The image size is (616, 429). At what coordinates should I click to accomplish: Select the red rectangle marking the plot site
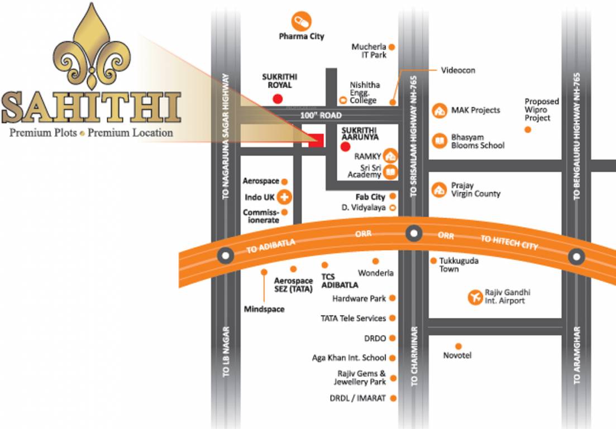316,141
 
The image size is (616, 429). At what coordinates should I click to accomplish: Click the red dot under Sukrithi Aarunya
345,147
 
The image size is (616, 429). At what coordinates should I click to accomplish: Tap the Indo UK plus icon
285,197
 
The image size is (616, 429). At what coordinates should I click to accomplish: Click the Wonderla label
376,273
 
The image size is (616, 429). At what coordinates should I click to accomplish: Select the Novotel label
457,355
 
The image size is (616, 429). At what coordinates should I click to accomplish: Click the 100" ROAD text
320,115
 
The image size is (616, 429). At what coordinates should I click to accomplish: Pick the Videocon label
458,70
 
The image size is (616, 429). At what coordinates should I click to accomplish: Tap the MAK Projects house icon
440,110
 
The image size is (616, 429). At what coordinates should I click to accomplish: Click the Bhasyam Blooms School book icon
440,141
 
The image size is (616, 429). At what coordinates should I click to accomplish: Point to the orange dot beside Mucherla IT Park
392,47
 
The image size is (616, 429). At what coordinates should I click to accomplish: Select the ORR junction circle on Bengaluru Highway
576,257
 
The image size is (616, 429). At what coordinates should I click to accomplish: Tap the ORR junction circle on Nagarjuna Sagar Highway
226,255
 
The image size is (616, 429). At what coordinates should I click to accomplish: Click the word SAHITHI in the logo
92,108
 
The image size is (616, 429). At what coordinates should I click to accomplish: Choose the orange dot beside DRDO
392,339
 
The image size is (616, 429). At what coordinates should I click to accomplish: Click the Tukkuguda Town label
459,265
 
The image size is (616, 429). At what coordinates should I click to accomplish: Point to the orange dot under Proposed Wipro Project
528,130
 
